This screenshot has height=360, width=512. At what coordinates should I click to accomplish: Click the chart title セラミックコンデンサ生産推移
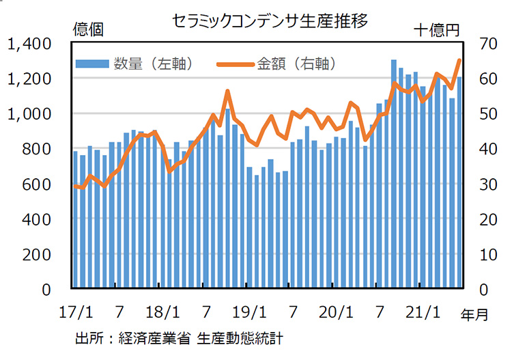tap(271, 21)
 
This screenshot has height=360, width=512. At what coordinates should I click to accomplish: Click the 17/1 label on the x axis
tap(76, 314)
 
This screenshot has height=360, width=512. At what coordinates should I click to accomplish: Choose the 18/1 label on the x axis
tap(164, 314)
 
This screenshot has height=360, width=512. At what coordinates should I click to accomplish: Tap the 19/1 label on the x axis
tap(250, 314)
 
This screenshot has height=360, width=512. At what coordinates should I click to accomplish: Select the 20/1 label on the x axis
tap(337, 314)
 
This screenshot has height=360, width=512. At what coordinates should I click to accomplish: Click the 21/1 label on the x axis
tap(424, 314)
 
